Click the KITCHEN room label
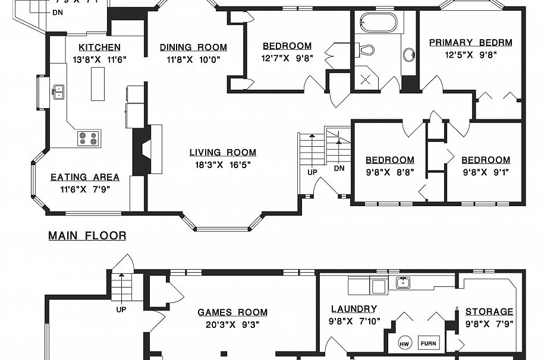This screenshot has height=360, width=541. click(x=99, y=48)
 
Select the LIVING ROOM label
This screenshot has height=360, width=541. click(x=223, y=152)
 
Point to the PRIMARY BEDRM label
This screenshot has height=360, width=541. click(x=470, y=42)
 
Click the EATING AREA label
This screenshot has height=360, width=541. click(x=84, y=177)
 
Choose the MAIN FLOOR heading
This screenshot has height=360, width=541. click(x=87, y=236)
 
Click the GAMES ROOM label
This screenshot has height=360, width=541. click(x=232, y=312)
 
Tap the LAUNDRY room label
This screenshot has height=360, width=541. click(x=354, y=309)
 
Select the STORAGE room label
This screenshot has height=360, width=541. click(x=489, y=312)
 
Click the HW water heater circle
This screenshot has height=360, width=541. click(x=404, y=344)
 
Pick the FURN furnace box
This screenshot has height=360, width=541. click(x=428, y=343)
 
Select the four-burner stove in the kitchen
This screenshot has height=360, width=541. click(x=89, y=138)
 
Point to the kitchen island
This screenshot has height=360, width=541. click(x=97, y=84)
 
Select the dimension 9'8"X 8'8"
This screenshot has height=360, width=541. click(x=389, y=172)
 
